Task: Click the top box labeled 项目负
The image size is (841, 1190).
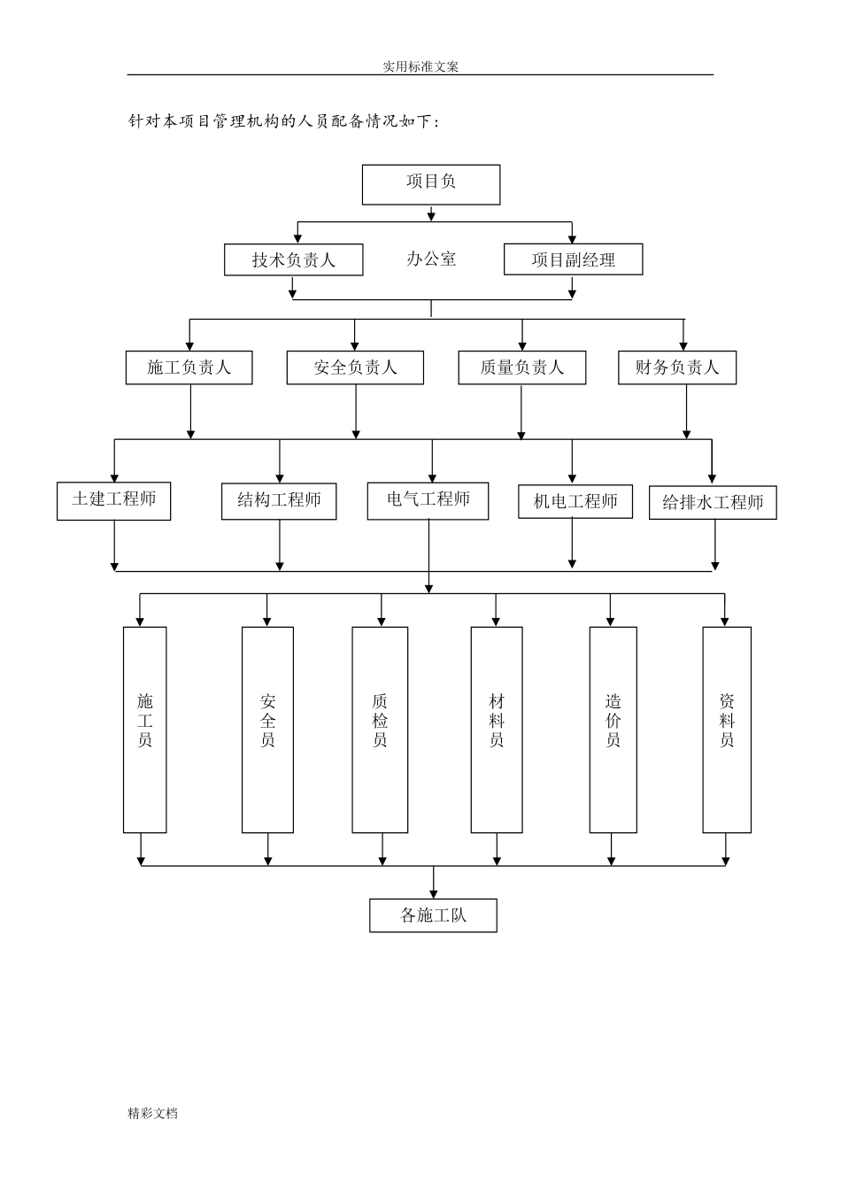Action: [x=431, y=184]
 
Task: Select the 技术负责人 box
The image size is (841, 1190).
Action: [x=293, y=260]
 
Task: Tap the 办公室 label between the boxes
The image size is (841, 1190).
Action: [x=431, y=259]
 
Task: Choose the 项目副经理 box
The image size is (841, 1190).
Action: [x=573, y=259]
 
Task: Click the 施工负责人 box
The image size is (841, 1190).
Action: [x=189, y=367]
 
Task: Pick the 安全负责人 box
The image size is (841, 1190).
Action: [x=355, y=367]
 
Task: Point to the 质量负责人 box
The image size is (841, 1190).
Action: [x=521, y=367]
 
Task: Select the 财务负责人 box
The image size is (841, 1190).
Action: [x=677, y=367]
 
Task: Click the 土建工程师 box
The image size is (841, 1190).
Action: [x=113, y=500]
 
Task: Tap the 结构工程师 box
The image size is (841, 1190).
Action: [x=279, y=500]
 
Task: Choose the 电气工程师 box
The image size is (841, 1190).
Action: [x=428, y=500]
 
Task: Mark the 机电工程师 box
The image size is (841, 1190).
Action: [x=575, y=502]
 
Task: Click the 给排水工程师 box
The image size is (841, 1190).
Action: [x=713, y=503]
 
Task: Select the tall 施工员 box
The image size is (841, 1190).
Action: [x=144, y=730]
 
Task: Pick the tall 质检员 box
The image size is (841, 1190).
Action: [x=380, y=730]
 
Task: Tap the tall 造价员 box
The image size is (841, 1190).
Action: [x=613, y=730]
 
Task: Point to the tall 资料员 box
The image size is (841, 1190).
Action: [x=727, y=730]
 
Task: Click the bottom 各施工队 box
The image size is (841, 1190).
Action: [x=433, y=916]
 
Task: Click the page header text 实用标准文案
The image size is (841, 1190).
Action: [x=420, y=66]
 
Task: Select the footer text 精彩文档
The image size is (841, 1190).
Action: [x=152, y=1113]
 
